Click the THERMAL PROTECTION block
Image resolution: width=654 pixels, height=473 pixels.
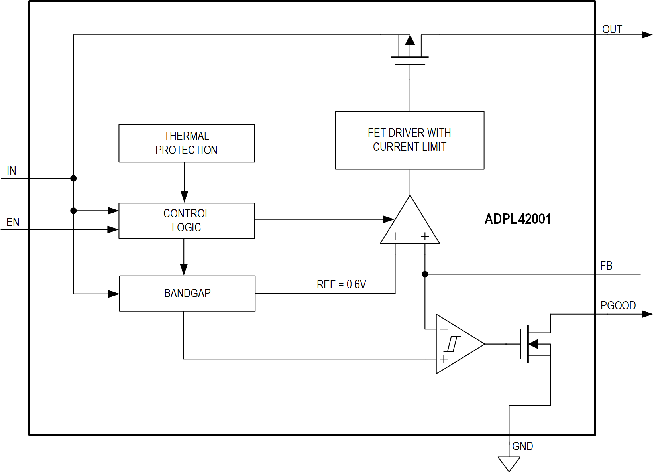click(187, 143)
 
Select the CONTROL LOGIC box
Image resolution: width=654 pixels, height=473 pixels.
click(187, 221)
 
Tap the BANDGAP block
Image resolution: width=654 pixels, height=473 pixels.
click(187, 294)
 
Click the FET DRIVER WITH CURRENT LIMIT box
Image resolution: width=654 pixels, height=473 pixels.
click(410, 140)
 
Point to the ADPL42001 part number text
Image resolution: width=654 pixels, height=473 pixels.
click(518, 219)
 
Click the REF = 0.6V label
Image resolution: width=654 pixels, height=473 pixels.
click(341, 284)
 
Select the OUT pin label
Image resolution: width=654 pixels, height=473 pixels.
click(612, 29)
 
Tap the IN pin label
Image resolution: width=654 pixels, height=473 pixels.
click(12, 171)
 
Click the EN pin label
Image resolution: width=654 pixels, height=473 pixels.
click(13, 222)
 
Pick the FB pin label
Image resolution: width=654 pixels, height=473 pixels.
click(606, 266)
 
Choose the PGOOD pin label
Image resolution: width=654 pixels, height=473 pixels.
click(618, 305)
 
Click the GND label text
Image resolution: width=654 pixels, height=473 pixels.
click(522, 446)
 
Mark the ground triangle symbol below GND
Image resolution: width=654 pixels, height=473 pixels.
click(509, 463)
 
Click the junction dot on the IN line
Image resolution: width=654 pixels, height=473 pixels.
click(73, 178)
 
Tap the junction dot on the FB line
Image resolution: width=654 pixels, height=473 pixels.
click(425, 274)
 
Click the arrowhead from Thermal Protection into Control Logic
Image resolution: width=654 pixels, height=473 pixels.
click(184, 197)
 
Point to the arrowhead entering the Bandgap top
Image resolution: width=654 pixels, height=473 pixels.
click(184, 270)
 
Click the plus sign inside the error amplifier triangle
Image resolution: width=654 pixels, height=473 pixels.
click(425, 236)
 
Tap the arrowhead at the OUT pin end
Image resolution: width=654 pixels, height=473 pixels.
click(647, 35)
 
